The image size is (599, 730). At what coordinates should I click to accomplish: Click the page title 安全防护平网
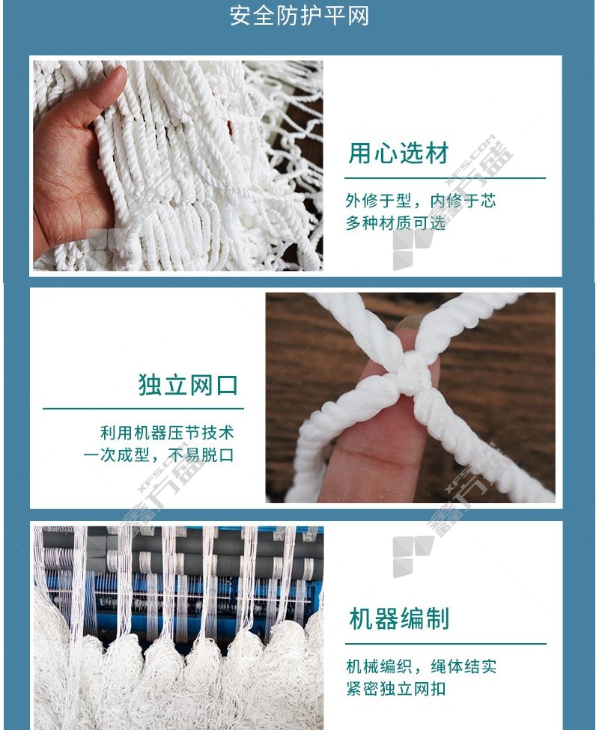click(299, 16)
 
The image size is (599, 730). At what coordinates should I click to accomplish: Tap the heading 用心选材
click(399, 153)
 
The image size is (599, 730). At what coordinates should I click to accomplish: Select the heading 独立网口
click(188, 385)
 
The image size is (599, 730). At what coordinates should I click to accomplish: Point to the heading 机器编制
click(399, 618)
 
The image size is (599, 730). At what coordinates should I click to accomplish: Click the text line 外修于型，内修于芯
click(421, 201)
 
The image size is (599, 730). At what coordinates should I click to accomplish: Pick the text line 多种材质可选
click(395, 223)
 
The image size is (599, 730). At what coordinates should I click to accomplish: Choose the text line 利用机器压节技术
click(167, 433)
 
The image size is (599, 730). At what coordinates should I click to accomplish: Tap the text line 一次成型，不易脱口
click(159, 455)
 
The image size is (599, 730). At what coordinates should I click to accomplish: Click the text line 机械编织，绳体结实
click(422, 666)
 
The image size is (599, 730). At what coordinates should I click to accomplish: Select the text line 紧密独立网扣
click(396, 689)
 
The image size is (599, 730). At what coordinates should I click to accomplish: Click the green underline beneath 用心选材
click(445, 178)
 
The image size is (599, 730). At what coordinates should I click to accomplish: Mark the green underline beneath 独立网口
click(143, 409)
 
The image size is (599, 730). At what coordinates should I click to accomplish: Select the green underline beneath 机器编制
click(446, 644)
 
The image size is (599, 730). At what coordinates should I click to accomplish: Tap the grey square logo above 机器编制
click(413, 556)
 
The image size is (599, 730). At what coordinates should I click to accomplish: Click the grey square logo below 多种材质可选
click(413, 249)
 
